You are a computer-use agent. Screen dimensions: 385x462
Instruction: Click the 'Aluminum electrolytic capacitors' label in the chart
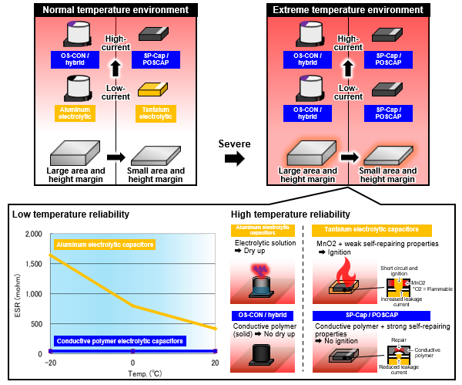click(103, 245)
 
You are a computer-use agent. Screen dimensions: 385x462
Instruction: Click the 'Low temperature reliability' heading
click(70, 214)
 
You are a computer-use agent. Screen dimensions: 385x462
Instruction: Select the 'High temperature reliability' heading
click(290, 214)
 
